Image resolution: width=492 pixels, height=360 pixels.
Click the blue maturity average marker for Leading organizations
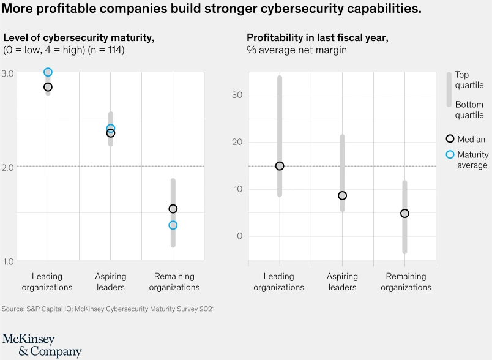click(x=48, y=72)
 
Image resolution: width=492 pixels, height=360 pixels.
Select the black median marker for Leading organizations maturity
click(x=48, y=87)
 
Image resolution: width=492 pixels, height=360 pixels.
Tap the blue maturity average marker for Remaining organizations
click(x=173, y=225)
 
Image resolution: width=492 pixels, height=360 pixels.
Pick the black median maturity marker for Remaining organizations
click(x=173, y=209)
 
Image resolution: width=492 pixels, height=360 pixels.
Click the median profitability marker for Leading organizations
click(x=280, y=166)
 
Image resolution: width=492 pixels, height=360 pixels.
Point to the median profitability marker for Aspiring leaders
click(x=342, y=195)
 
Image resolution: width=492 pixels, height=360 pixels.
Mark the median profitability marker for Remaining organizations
click(x=404, y=213)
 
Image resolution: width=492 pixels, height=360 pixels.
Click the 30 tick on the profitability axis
click(x=237, y=95)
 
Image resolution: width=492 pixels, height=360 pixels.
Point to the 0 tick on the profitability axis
click(x=239, y=236)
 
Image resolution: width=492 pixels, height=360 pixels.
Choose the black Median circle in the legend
click(x=450, y=139)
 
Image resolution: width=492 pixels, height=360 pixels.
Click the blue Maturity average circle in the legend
click(x=450, y=154)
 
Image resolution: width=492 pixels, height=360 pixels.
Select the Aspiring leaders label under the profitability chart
click(x=342, y=282)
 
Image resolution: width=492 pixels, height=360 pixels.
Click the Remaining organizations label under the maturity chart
click(x=174, y=282)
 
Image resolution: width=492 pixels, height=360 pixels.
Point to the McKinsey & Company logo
click(x=42, y=345)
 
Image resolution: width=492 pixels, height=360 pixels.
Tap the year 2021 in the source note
click(x=204, y=309)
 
